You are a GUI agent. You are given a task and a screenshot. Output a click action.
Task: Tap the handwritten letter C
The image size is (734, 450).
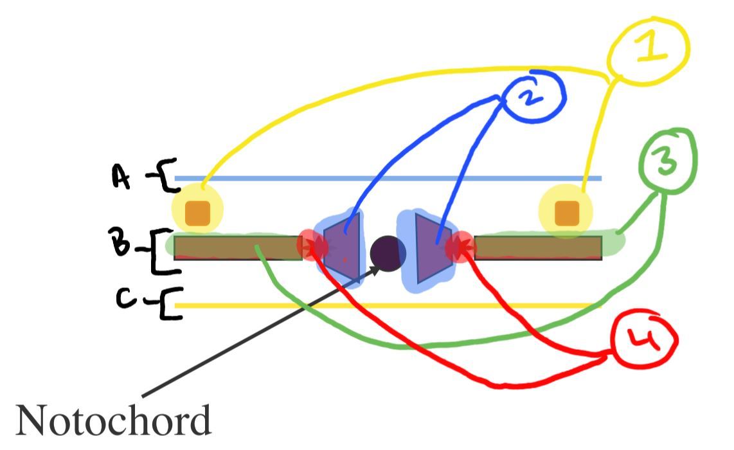tap(127, 300)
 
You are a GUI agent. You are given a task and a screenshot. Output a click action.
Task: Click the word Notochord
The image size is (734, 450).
tap(112, 421)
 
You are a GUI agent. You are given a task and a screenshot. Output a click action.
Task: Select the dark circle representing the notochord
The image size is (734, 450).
tap(388, 253)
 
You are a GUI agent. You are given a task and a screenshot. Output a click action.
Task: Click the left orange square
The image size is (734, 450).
tap(197, 213)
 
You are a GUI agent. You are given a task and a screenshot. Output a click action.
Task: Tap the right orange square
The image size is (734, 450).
tap(566, 213)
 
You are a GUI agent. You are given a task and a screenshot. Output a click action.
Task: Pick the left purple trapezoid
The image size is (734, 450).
tap(343, 248)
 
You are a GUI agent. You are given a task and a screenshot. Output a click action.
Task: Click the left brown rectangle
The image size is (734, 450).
tap(238, 248)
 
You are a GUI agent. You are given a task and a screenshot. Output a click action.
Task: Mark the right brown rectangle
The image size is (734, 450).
tap(538, 248)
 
